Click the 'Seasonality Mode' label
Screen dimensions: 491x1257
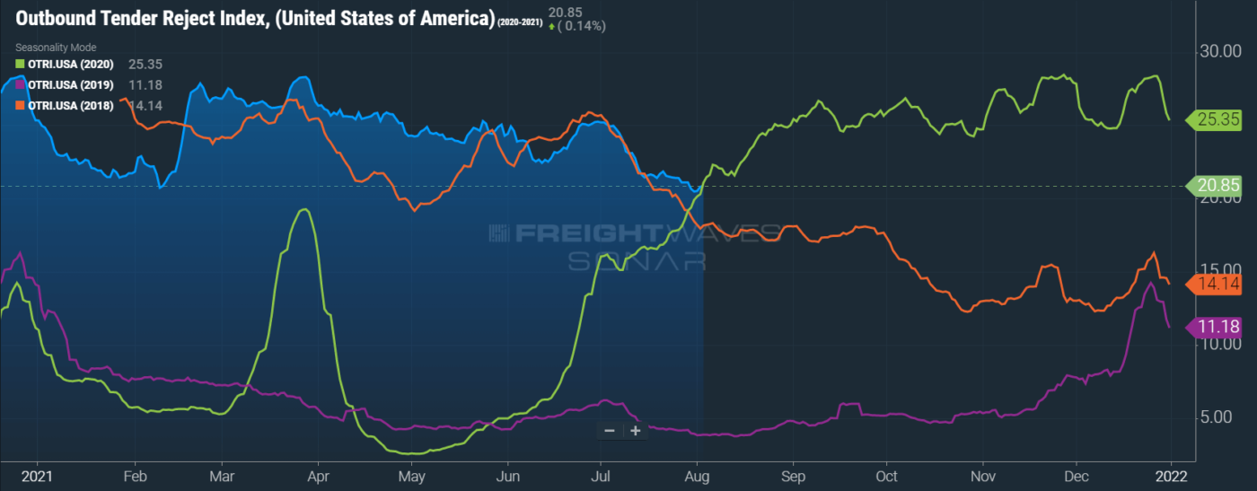pos(55,47)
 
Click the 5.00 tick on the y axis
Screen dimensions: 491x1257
pos(1224,417)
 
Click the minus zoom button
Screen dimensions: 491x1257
pos(610,431)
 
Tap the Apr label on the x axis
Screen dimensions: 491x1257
pos(318,475)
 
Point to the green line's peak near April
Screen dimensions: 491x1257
pos(305,210)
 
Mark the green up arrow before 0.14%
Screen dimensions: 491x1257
pos(551,27)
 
